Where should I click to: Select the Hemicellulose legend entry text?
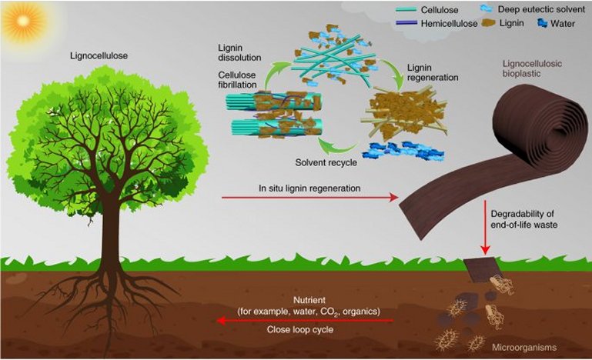[x=449, y=24]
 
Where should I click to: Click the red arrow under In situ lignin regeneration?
[x=309, y=198]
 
